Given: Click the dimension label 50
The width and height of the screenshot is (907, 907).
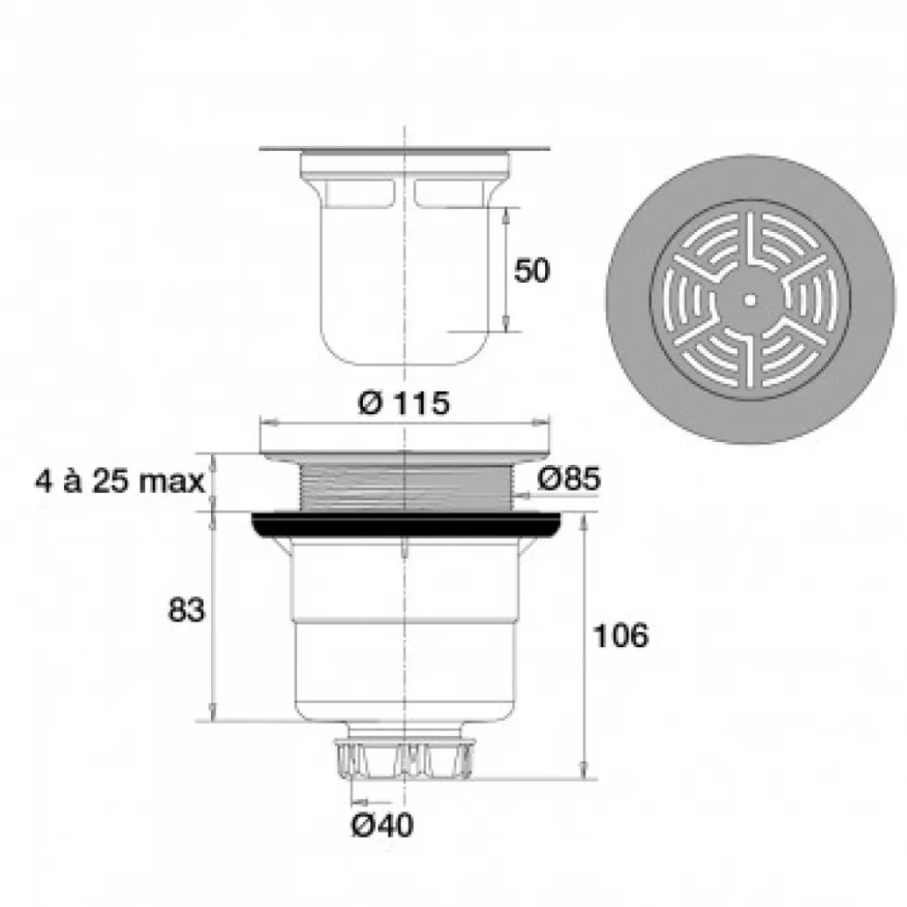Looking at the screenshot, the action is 531,270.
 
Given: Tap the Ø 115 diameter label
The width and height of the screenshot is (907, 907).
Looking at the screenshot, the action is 404,402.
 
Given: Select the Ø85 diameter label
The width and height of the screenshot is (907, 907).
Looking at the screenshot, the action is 568,478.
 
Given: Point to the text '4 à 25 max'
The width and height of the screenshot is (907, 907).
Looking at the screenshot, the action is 119,482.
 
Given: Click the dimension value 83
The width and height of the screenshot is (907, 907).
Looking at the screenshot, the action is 186,609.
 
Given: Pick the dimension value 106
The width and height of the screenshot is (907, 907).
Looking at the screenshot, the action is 621,635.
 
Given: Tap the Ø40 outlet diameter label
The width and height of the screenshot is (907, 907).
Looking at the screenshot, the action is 382,825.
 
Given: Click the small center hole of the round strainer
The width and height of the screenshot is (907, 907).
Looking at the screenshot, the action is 751,300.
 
